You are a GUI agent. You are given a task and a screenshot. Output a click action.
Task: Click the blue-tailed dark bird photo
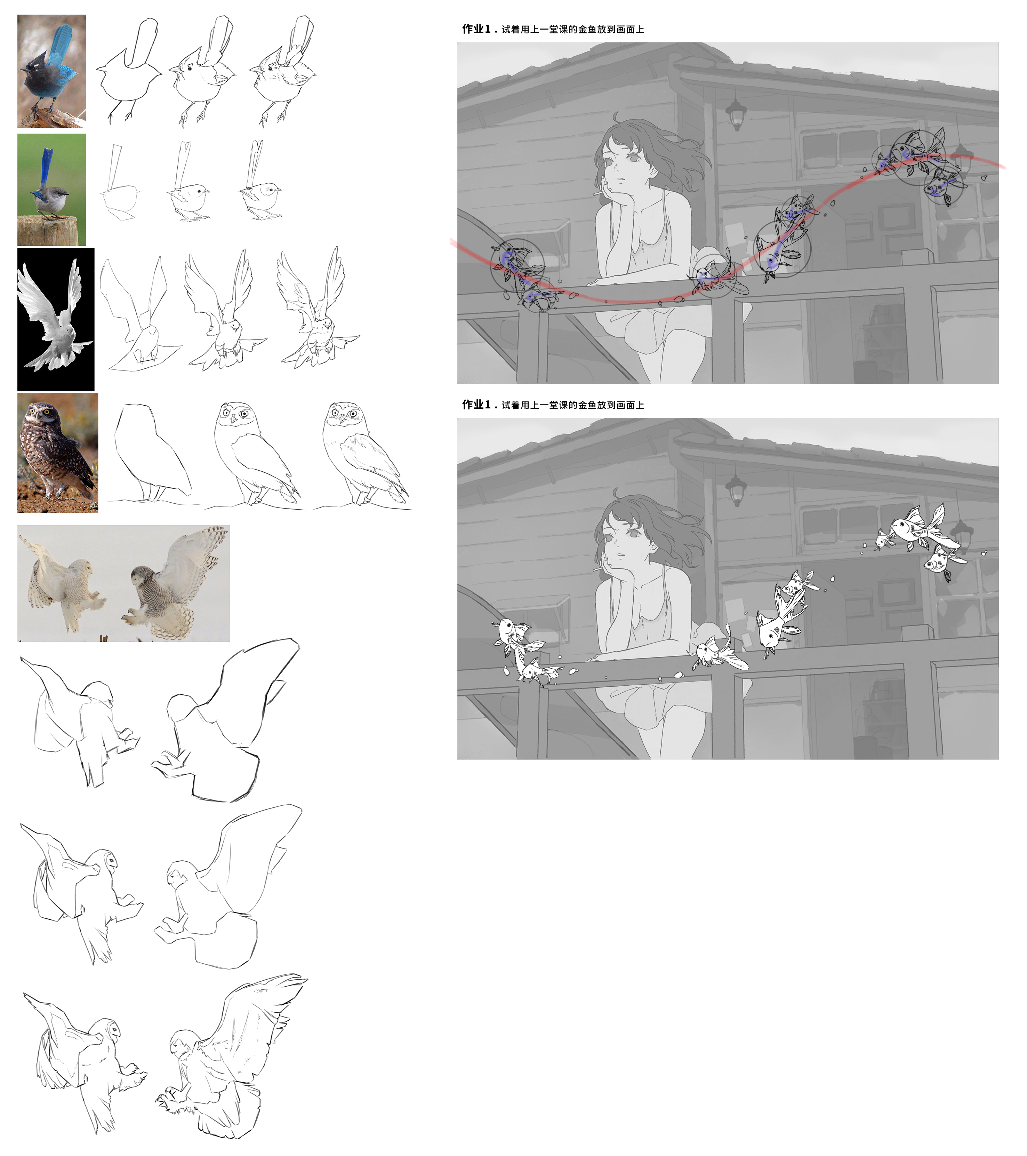point(51,71)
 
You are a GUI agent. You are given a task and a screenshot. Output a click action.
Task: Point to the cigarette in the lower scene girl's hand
point(597,568)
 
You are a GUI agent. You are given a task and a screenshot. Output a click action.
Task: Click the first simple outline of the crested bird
point(128,70)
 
